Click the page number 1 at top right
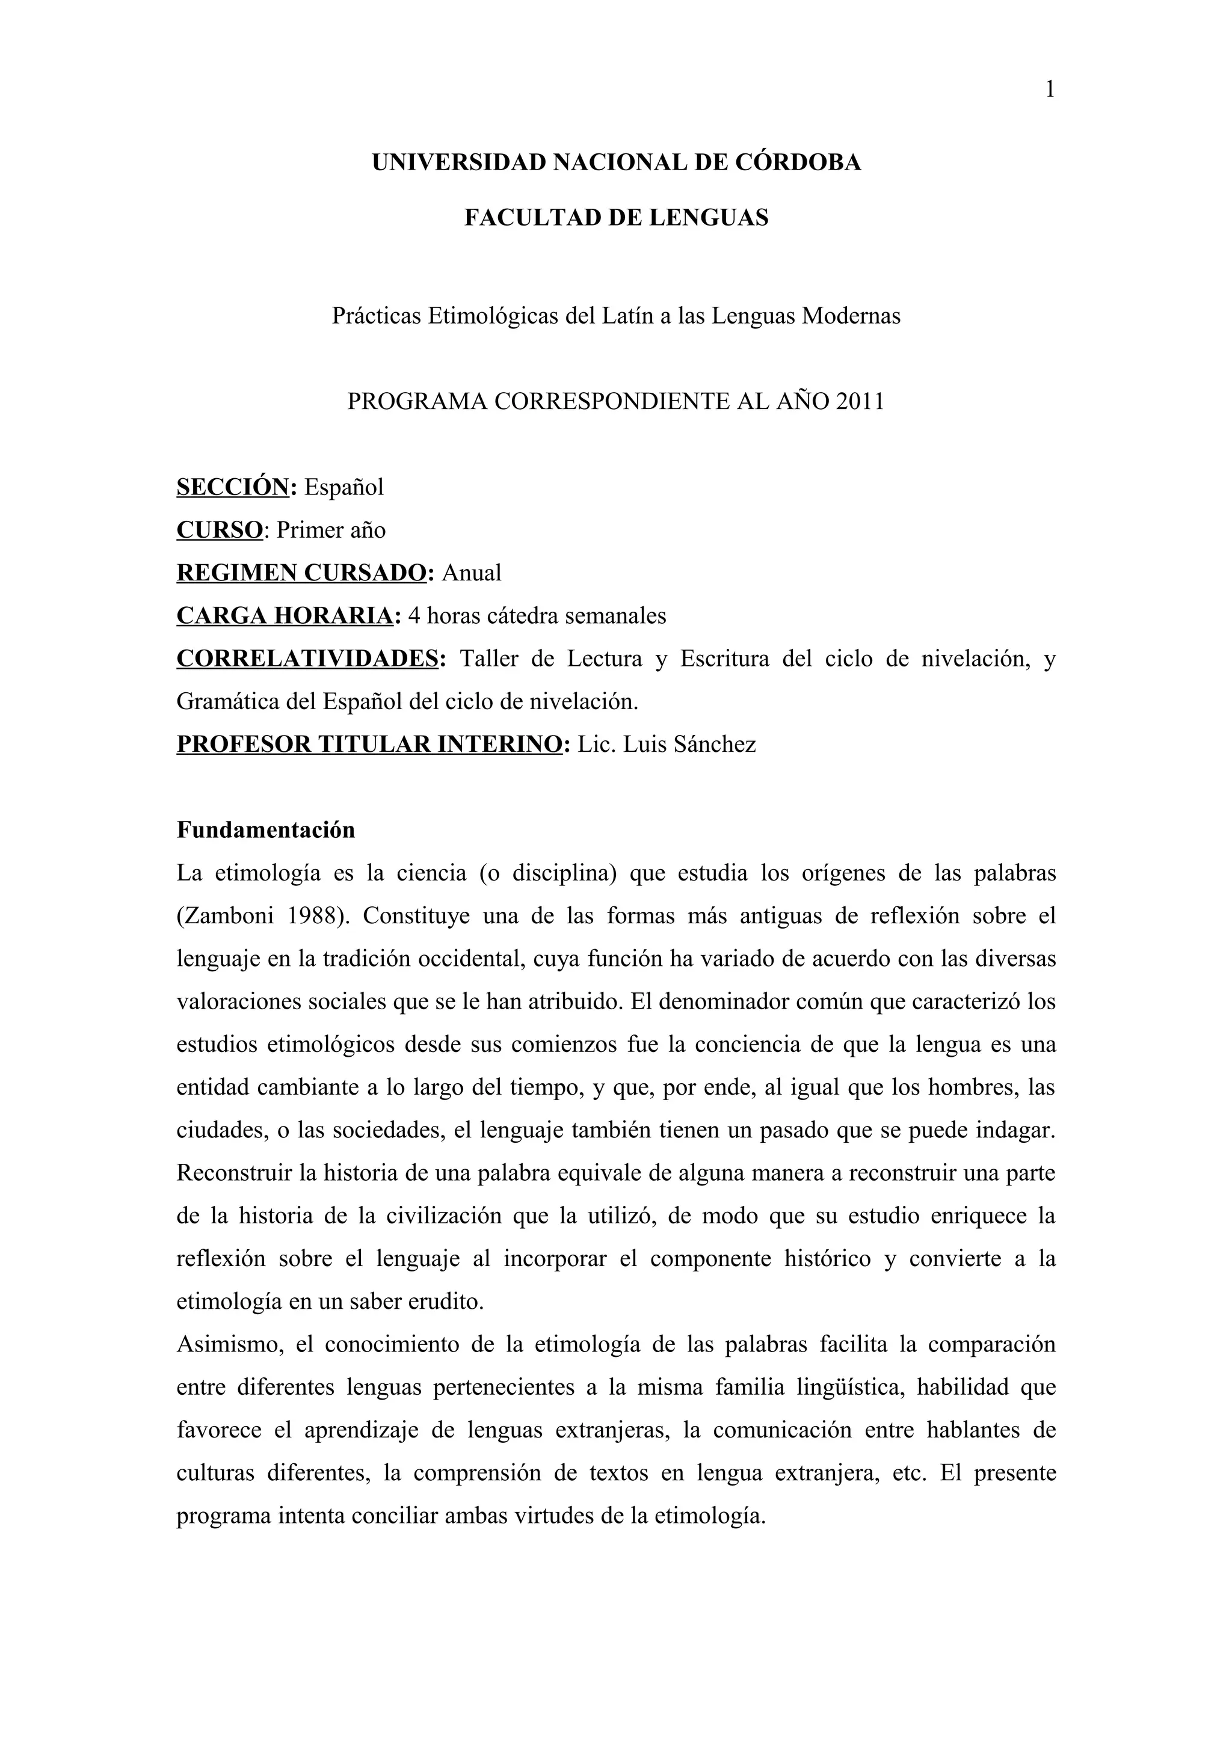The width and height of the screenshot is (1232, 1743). [x=1050, y=90]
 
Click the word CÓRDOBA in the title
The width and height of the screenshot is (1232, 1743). [x=799, y=162]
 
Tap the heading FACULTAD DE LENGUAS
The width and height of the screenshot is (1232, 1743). [x=617, y=218]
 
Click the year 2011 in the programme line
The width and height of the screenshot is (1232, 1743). [x=860, y=401]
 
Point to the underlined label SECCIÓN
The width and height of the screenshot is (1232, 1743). [x=233, y=487]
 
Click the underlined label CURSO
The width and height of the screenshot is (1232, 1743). [x=220, y=530]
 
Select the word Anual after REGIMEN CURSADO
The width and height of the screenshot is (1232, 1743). [x=472, y=573]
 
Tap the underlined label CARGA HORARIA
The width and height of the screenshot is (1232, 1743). [x=285, y=616]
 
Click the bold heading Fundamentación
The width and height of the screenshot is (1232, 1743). [x=266, y=830]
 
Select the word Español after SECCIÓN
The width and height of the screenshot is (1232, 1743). [x=344, y=487]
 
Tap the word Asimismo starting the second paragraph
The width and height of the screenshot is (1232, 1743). [x=229, y=1344]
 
